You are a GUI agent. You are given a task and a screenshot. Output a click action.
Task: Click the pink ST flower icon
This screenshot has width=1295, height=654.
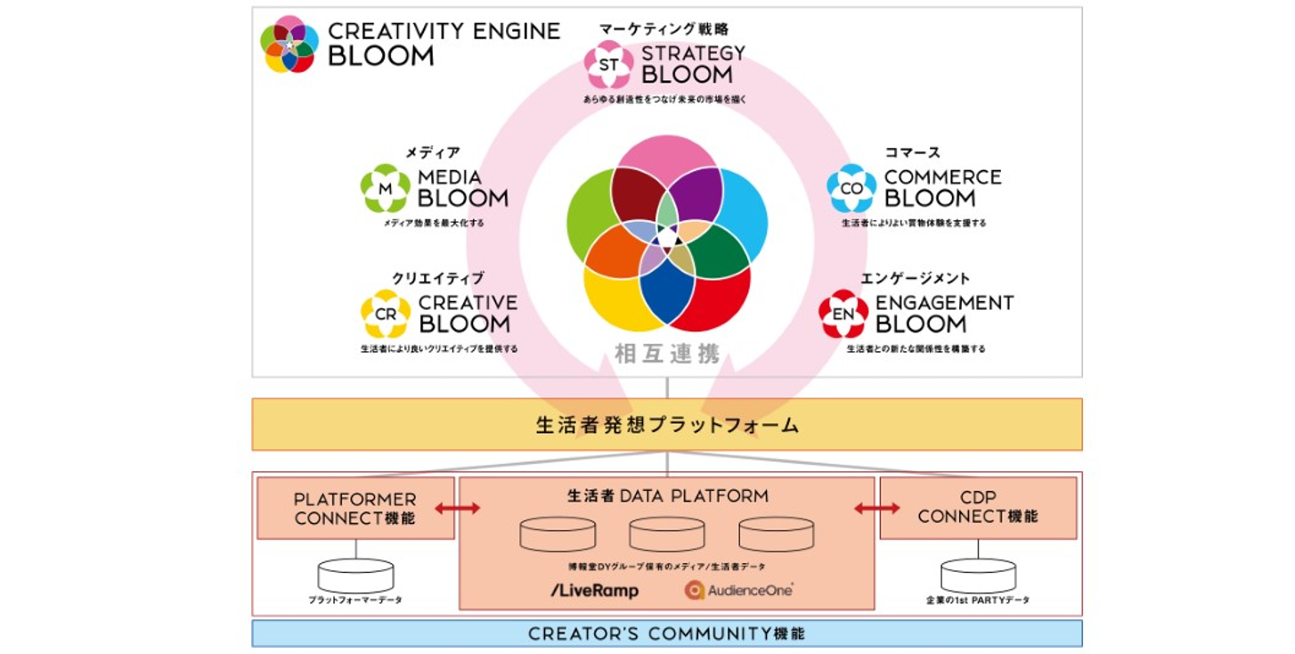click(x=608, y=64)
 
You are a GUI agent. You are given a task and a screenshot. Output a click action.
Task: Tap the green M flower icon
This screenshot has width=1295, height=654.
click(x=385, y=188)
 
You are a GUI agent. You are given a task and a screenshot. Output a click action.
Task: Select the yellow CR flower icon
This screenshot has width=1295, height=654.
click(x=385, y=314)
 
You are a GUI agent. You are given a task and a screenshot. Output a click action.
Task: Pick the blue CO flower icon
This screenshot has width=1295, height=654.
click(x=851, y=188)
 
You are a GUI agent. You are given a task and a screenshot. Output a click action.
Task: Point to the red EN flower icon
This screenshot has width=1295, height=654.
click(x=843, y=314)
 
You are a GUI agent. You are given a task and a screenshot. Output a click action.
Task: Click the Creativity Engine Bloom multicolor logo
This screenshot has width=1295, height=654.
click(x=289, y=44)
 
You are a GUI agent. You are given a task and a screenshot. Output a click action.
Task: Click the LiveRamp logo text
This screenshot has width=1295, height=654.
click(x=595, y=591)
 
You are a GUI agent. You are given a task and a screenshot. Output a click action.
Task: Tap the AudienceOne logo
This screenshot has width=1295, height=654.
click(x=739, y=590)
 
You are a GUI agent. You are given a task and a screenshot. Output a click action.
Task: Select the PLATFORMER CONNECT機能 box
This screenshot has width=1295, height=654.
click(x=354, y=508)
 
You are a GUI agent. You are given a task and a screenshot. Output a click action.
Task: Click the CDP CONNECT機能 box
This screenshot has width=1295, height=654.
click(x=977, y=508)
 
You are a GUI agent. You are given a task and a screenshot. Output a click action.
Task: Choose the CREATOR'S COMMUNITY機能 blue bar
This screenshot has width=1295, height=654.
click(x=666, y=634)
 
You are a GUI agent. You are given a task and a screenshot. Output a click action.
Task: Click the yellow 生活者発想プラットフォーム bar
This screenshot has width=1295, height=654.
click(x=666, y=424)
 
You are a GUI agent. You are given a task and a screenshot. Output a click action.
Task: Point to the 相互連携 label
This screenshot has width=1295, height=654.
click(x=666, y=354)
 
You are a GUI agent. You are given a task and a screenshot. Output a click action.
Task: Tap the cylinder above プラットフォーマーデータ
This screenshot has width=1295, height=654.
click(x=355, y=576)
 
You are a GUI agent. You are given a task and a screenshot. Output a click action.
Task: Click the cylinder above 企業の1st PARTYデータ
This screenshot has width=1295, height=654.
click(x=978, y=576)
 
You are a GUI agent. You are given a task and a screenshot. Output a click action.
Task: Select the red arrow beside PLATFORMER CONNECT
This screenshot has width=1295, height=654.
click(x=458, y=508)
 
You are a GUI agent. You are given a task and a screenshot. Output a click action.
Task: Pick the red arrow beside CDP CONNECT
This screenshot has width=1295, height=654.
click(x=876, y=508)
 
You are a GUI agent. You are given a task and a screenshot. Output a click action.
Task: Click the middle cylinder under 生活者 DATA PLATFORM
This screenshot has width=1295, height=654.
click(x=666, y=534)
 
